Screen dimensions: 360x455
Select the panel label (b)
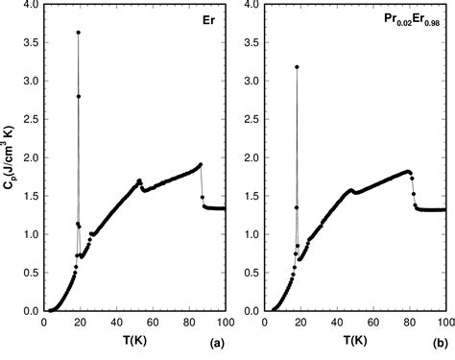[439, 341]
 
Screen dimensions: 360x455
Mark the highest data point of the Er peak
[78, 33]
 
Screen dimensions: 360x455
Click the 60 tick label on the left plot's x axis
[152, 323]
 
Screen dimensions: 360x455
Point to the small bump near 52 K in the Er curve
[139, 180]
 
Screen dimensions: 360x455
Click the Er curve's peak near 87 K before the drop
[200, 164]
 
